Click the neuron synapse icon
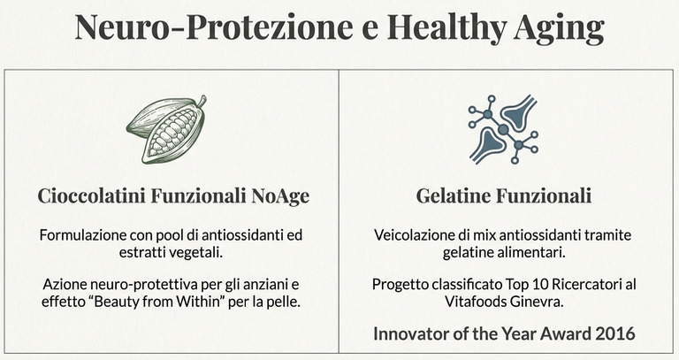click(x=503, y=129)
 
